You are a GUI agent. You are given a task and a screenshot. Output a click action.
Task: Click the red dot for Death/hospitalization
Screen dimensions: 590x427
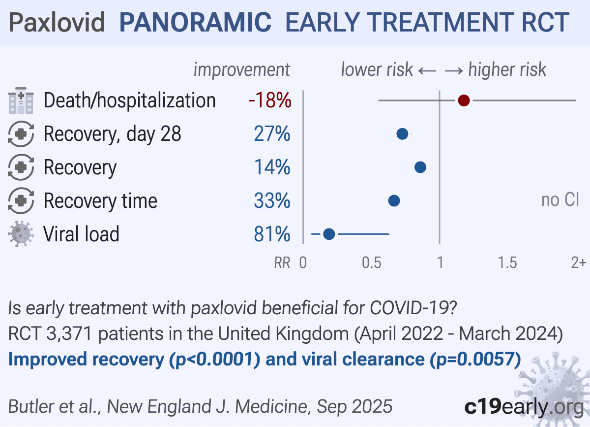[464, 100]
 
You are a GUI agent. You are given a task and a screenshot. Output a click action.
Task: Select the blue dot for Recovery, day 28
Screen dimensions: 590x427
[402, 134]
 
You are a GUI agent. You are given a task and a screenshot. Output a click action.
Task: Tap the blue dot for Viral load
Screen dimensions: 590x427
[329, 234]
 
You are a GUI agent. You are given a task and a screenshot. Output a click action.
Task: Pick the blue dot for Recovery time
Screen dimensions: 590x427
[394, 200]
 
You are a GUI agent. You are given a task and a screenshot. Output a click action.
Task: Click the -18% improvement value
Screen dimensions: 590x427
[270, 100]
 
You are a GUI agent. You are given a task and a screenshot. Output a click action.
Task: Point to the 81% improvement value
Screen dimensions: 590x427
[272, 234]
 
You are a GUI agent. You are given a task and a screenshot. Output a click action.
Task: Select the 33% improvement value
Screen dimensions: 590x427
[272, 200]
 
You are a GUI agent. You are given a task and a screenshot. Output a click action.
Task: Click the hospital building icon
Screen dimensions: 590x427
[21, 100]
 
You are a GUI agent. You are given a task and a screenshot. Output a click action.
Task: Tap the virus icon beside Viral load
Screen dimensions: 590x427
[21, 234]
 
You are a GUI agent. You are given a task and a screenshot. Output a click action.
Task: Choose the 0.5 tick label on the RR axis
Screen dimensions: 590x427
[371, 263]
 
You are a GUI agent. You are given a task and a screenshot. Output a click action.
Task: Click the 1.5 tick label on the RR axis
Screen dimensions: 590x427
[507, 263]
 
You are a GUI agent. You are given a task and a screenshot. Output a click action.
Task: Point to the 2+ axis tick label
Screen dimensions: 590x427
[579, 263]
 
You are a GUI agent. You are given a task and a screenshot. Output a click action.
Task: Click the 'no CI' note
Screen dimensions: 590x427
[560, 200]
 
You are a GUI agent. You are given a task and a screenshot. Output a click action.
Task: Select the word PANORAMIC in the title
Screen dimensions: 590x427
[195, 22]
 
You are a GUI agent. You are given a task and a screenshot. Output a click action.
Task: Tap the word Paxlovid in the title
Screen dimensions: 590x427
[57, 22]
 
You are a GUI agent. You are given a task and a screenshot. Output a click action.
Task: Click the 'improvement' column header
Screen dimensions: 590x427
[242, 70]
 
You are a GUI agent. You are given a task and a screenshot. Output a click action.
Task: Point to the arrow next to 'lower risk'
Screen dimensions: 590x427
[427, 71]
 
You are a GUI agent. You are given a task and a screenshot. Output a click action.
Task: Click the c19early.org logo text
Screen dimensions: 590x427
[524, 407]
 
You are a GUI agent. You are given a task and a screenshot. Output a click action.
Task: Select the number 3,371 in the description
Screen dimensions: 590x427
[69, 333]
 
